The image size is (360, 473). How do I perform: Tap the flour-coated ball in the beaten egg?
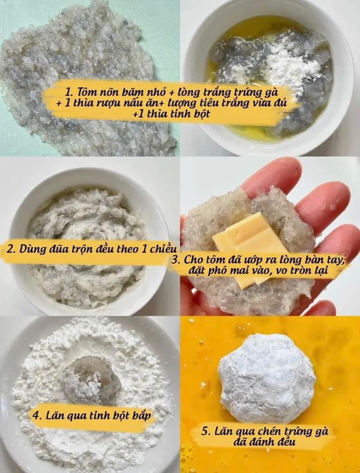click(267, 378)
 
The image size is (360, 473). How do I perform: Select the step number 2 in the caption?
click(10, 250)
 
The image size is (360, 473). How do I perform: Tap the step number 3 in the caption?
click(175, 260)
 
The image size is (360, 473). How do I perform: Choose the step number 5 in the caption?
click(205, 431)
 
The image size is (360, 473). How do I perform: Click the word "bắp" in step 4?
click(141, 416)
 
